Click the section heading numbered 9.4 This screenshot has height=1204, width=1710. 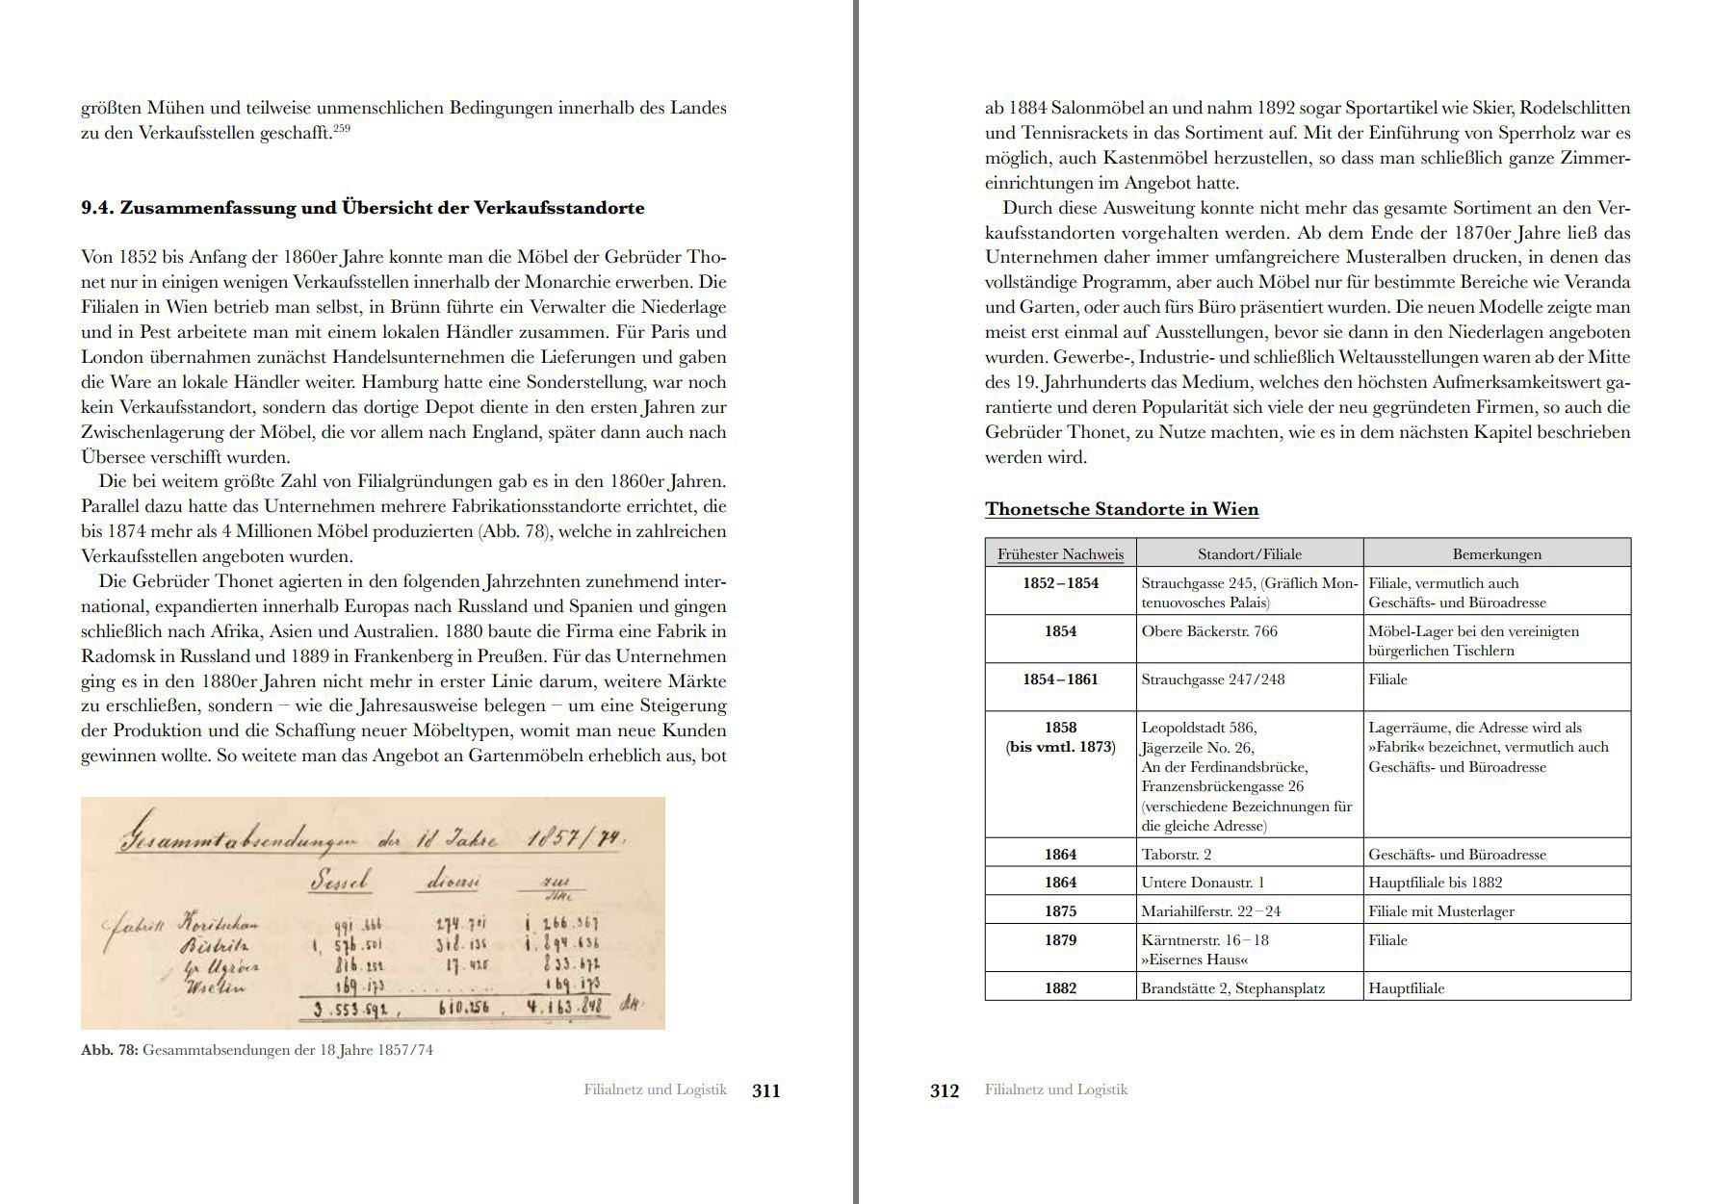point(362,208)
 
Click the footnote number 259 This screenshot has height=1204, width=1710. point(342,128)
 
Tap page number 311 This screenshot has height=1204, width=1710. point(765,1090)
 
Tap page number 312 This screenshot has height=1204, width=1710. point(945,1090)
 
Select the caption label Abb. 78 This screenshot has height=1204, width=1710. point(110,1050)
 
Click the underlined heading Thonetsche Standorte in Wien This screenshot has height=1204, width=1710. point(1121,509)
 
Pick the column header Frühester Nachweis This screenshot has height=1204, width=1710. point(1060,553)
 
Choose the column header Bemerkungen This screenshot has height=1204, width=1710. point(1496,553)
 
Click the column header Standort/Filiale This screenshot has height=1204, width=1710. point(1249,553)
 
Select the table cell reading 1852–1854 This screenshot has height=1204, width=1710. point(1060,583)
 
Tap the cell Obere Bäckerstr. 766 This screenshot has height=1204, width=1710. point(1209,631)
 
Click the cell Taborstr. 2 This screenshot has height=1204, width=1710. point(1176,854)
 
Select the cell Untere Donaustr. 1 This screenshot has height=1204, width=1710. point(1203,883)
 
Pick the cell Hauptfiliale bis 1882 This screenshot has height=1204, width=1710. point(1435,883)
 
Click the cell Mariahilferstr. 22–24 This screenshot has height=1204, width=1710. point(1210,911)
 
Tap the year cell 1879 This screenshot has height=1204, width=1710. point(1060,940)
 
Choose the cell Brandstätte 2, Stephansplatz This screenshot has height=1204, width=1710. point(1232,988)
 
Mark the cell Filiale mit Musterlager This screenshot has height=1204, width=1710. point(1440,911)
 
